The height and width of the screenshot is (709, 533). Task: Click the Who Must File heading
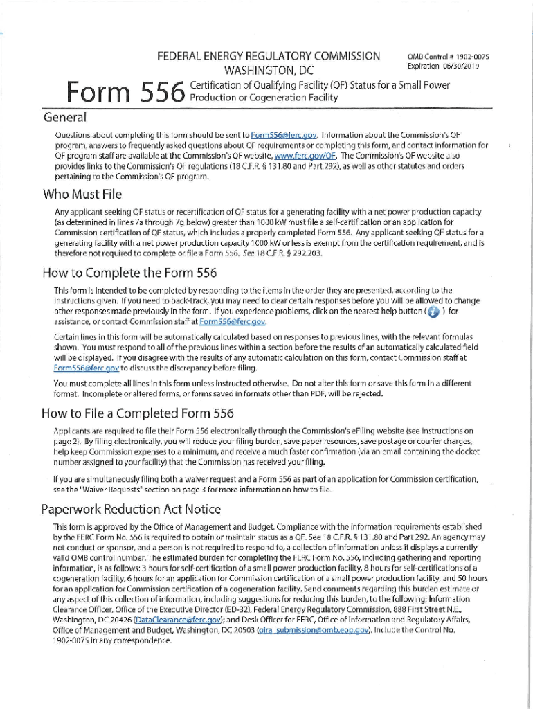[x=82, y=195]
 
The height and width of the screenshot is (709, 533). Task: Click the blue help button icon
[x=433, y=312]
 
